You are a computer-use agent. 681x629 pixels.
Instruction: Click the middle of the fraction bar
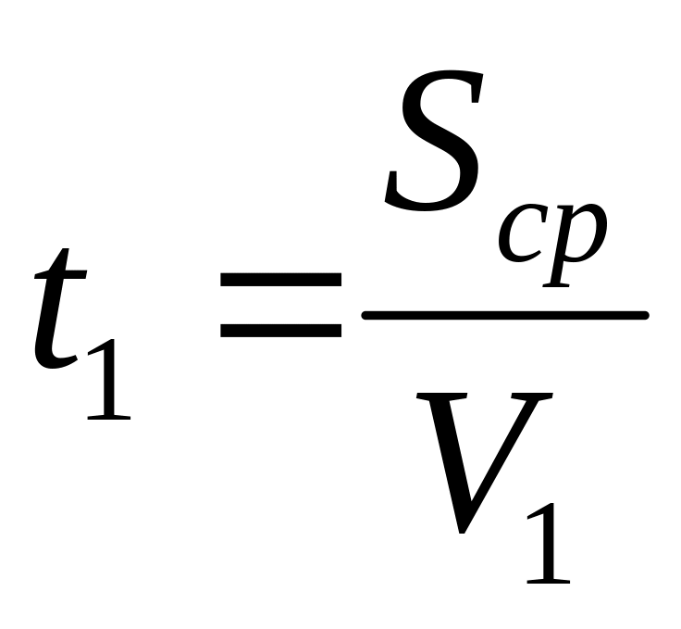coord(504,316)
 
